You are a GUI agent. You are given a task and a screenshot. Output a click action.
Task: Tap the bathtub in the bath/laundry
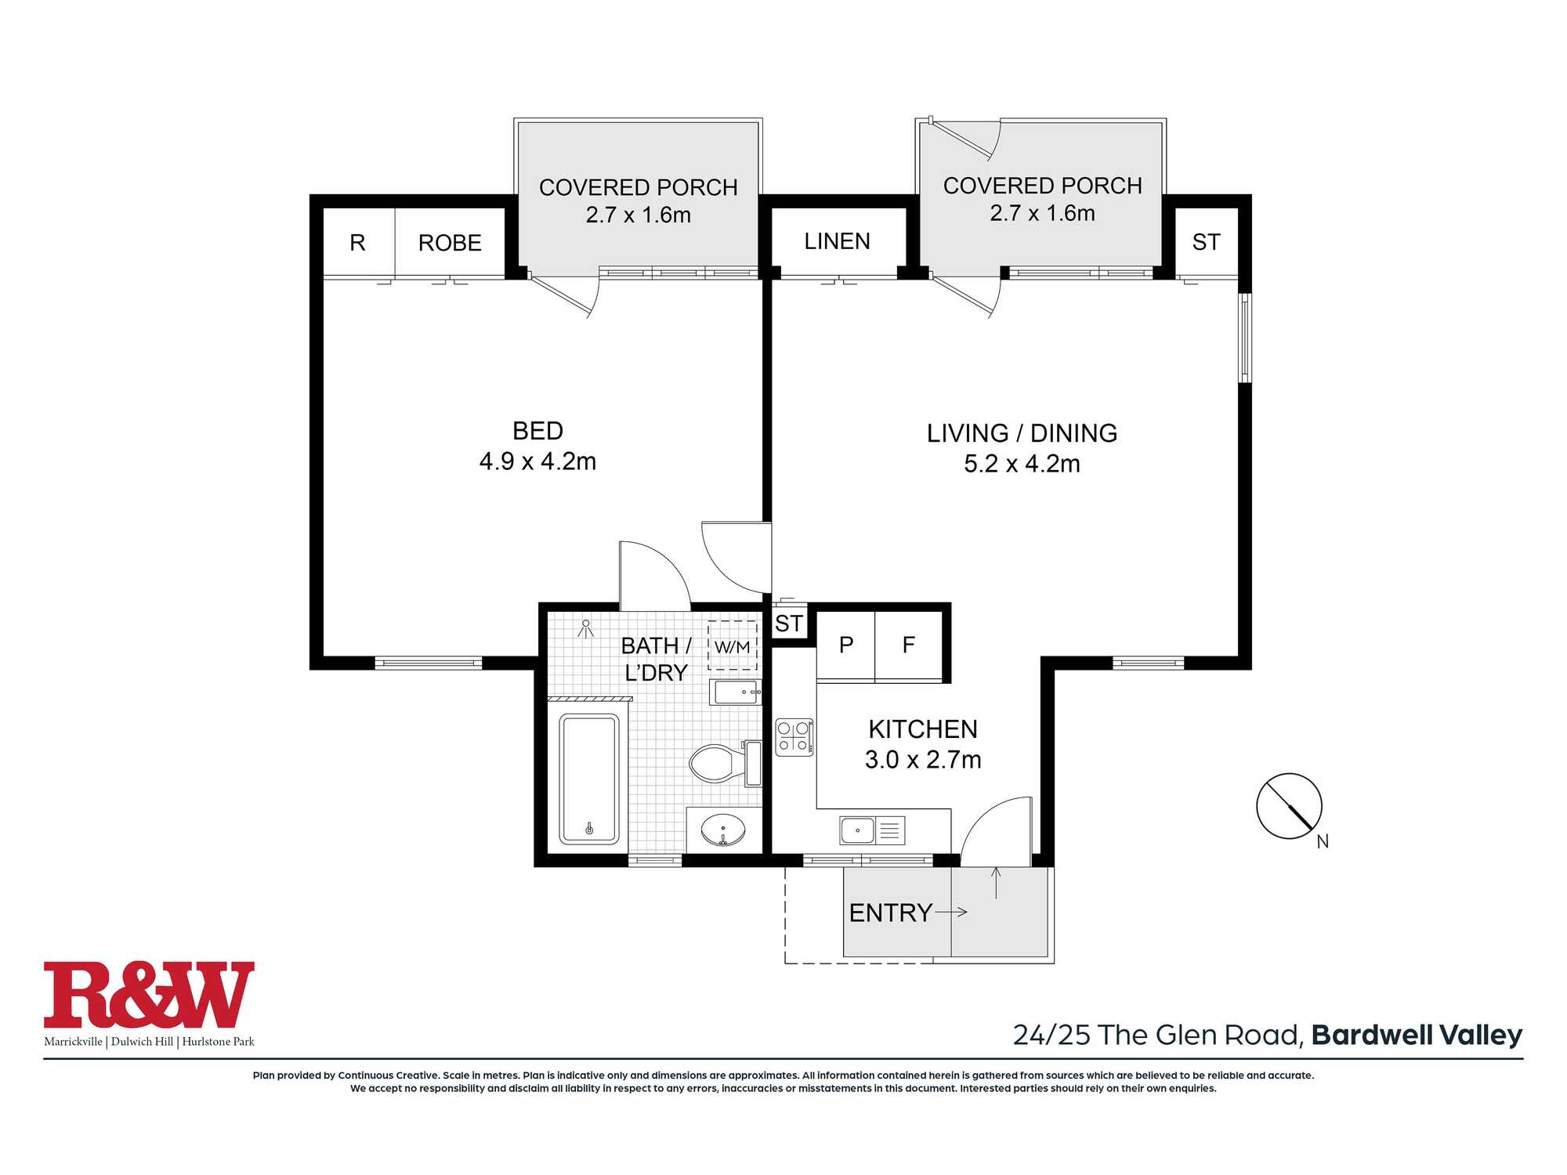click(589, 779)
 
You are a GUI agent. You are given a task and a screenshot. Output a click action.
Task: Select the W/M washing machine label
click(733, 647)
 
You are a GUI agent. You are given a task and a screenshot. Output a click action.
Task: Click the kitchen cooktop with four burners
click(794, 737)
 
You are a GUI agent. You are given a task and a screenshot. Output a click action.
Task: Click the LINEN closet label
click(837, 241)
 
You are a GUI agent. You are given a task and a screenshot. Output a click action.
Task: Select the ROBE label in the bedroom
click(450, 243)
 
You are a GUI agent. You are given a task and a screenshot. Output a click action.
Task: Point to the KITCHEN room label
click(923, 729)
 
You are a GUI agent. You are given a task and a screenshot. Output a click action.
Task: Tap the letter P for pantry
click(846, 645)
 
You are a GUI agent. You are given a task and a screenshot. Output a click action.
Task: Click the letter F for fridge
click(909, 645)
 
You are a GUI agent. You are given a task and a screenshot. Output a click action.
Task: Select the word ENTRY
click(890, 913)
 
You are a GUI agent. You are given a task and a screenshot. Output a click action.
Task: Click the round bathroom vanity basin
click(722, 830)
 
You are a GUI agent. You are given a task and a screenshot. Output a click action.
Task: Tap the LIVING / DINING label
click(1022, 433)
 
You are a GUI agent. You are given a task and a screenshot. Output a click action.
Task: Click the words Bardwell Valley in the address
click(1417, 1036)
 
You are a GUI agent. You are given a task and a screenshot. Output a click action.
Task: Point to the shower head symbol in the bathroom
click(585, 628)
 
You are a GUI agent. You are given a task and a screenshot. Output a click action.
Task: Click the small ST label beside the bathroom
click(789, 624)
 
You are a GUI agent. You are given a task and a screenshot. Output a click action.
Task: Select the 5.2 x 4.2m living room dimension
click(1022, 464)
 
